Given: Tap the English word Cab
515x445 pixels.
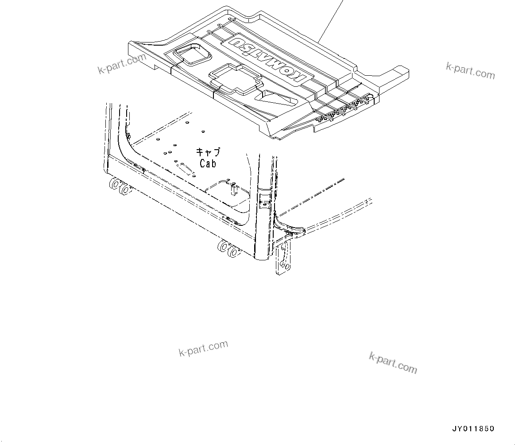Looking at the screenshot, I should click(208, 163).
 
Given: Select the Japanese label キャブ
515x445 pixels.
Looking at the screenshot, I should click(208, 152).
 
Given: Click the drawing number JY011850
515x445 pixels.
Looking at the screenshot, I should click(472, 429).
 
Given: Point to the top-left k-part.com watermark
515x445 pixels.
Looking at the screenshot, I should click(122, 64).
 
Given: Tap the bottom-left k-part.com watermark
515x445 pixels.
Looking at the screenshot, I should click(203, 348).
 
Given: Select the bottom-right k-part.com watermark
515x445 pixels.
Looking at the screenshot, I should click(393, 363).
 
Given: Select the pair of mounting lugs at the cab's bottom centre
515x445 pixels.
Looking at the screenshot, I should click(228, 249).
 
